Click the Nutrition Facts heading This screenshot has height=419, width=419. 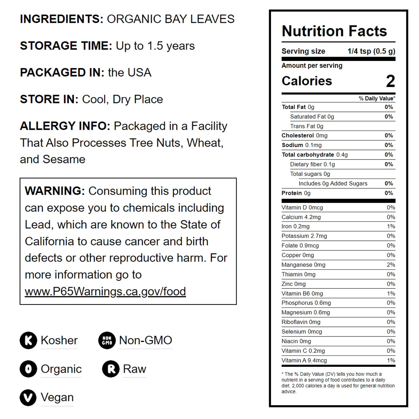(x=334, y=31)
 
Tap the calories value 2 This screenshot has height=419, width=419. (x=390, y=81)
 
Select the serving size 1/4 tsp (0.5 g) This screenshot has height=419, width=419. (x=371, y=51)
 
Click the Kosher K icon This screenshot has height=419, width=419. (x=28, y=340)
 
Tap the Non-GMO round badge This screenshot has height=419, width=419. (x=107, y=340)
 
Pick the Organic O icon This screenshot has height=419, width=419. (x=28, y=369)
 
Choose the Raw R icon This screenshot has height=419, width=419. (x=111, y=369)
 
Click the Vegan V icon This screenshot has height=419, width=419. (x=28, y=397)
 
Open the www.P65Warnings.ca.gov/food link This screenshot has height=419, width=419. (x=105, y=291)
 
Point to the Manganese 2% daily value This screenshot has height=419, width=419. (x=391, y=265)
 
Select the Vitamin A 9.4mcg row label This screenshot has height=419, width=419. (x=304, y=360)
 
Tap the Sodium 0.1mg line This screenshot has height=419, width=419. (x=301, y=145)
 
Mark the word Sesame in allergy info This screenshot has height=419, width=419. (x=64, y=159)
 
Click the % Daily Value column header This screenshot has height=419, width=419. (x=377, y=98)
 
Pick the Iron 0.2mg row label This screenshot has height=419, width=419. (x=295, y=226)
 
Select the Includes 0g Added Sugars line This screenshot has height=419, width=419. (x=333, y=183)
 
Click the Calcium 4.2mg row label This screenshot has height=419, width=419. (x=301, y=217)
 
